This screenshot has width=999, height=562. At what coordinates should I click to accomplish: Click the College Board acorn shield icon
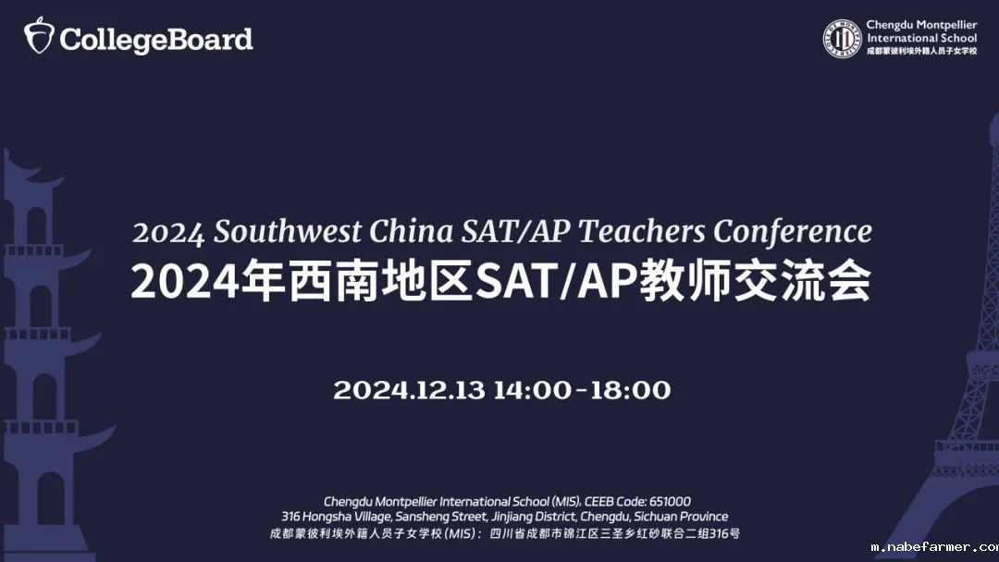click(39, 37)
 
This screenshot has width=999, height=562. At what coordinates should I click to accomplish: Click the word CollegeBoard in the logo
click(156, 40)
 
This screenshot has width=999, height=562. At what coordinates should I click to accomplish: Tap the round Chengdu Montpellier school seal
click(842, 38)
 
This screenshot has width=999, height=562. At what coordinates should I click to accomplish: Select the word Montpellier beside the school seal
click(943, 26)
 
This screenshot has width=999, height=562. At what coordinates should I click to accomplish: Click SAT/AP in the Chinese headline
click(552, 282)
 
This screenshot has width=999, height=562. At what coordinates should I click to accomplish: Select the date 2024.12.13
click(409, 390)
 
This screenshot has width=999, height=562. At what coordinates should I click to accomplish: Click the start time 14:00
click(532, 390)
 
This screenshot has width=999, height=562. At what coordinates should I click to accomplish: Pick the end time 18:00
click(631, 390)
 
